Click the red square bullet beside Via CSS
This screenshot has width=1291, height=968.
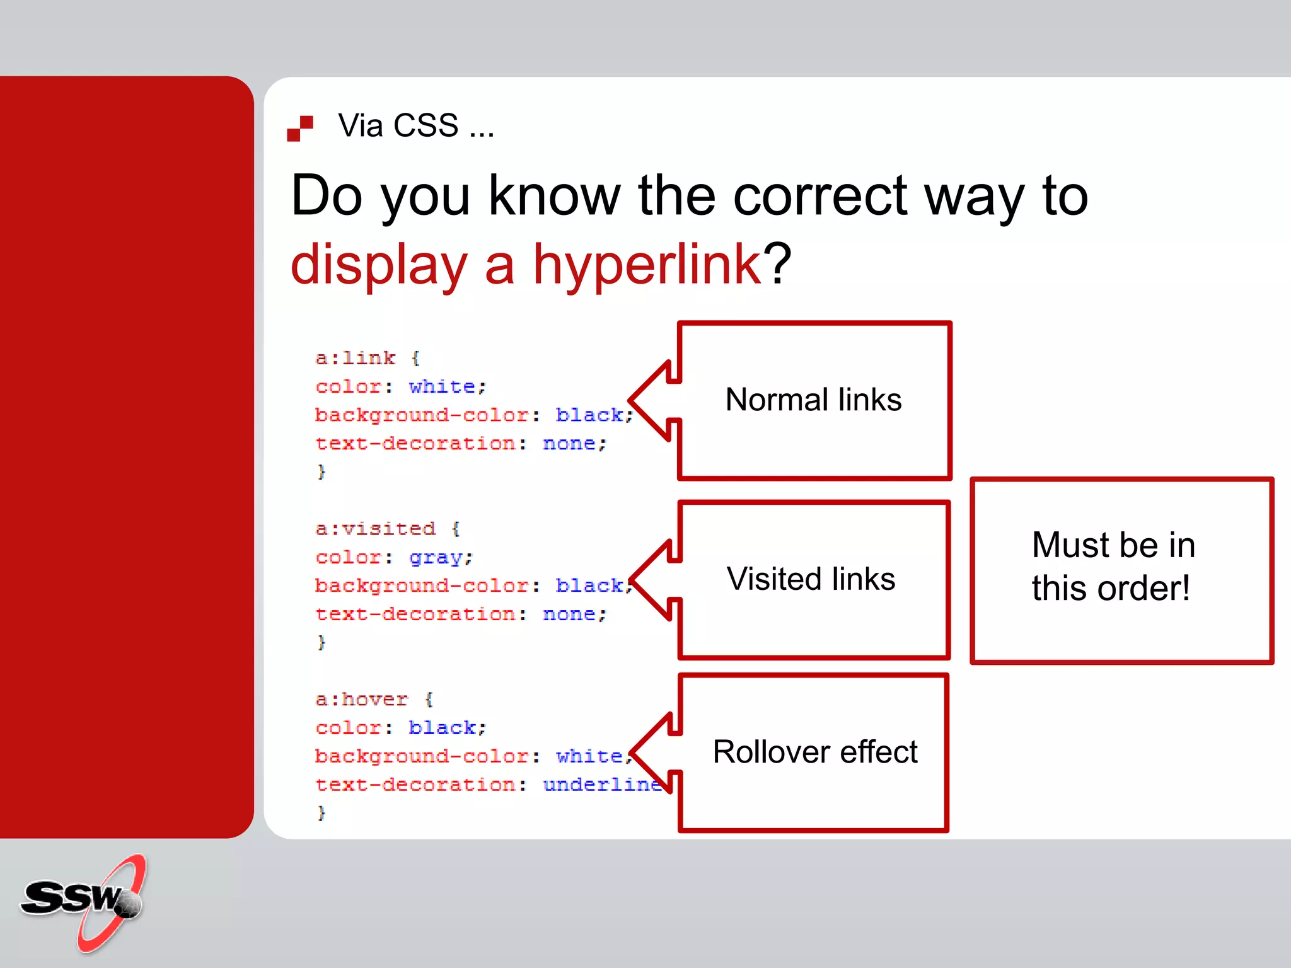click(x=300, y=128)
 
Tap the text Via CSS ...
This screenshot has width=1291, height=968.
click(x=416, y=125)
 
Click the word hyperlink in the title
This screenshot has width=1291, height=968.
click(x=647, y=265)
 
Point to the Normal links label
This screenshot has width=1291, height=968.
click(x=813, y=400)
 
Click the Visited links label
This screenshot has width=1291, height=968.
click(x=811, y=579)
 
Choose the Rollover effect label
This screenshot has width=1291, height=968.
click(x=814, y=752)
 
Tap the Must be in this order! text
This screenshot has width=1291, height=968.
click(x=1113, y=567)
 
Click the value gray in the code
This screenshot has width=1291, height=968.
click(x=436, y=558)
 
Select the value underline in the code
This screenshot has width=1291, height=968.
click(x=602, y=785)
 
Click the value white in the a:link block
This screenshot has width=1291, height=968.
click(x=442, y=386)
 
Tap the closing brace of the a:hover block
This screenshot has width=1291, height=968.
click(x=321, y=813)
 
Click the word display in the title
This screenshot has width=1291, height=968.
click(x=378, y=265)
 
